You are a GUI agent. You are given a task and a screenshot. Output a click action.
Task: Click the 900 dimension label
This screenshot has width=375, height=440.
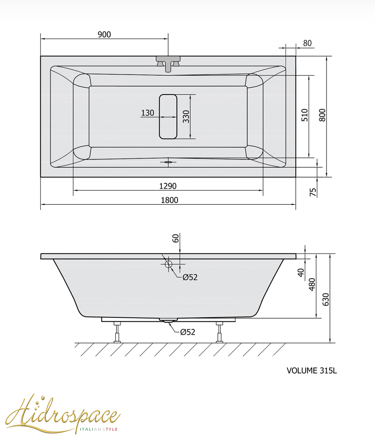coord(104,35)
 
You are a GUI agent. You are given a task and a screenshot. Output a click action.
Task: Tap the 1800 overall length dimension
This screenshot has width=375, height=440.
coord(169,200)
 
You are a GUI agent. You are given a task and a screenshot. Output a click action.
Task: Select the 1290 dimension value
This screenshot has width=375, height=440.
coord(168,186)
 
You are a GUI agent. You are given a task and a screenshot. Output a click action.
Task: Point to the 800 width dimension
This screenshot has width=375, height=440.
coord(322,115)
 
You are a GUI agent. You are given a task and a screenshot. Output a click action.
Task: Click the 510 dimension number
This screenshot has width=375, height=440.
coord(305,115)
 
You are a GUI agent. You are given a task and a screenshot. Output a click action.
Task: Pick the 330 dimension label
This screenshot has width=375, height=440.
coord(186,117)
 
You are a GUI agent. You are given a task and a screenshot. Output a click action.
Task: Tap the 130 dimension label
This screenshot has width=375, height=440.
coord(148,113)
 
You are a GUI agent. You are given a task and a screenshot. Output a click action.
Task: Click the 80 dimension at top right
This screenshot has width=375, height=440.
coord(307,43)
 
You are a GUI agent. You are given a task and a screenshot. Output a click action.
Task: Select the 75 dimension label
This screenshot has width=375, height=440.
coord(313,192)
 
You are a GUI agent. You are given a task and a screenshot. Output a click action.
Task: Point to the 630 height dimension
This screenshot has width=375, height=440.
coord(326,300)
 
